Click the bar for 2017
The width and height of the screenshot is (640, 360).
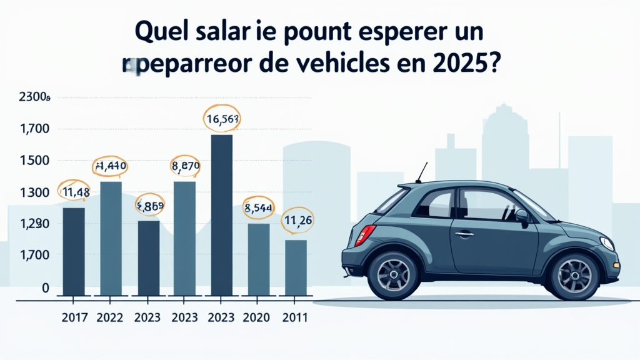pos(74,251)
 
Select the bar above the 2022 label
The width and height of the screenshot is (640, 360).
pos(111,238)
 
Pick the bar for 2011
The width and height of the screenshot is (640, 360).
pos(296,267)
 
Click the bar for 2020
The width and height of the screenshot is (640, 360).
pos(258,259)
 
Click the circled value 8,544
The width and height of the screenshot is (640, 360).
pos(258,209)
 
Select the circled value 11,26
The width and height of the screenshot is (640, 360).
pos(297,221)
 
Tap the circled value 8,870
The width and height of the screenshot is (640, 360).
pos(185,166)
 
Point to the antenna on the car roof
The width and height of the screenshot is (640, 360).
pos(422,172)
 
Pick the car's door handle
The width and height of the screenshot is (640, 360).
pos(464,234)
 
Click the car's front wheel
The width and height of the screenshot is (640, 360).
pos(574,276)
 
